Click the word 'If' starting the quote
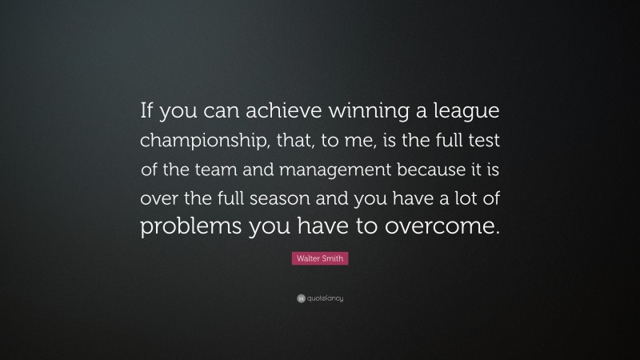pyautogui.click(x=150, y=113)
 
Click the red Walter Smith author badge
pyautogui.click(x=319, y=258)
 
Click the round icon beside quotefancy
pyautogui.click(x=300, y=298)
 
